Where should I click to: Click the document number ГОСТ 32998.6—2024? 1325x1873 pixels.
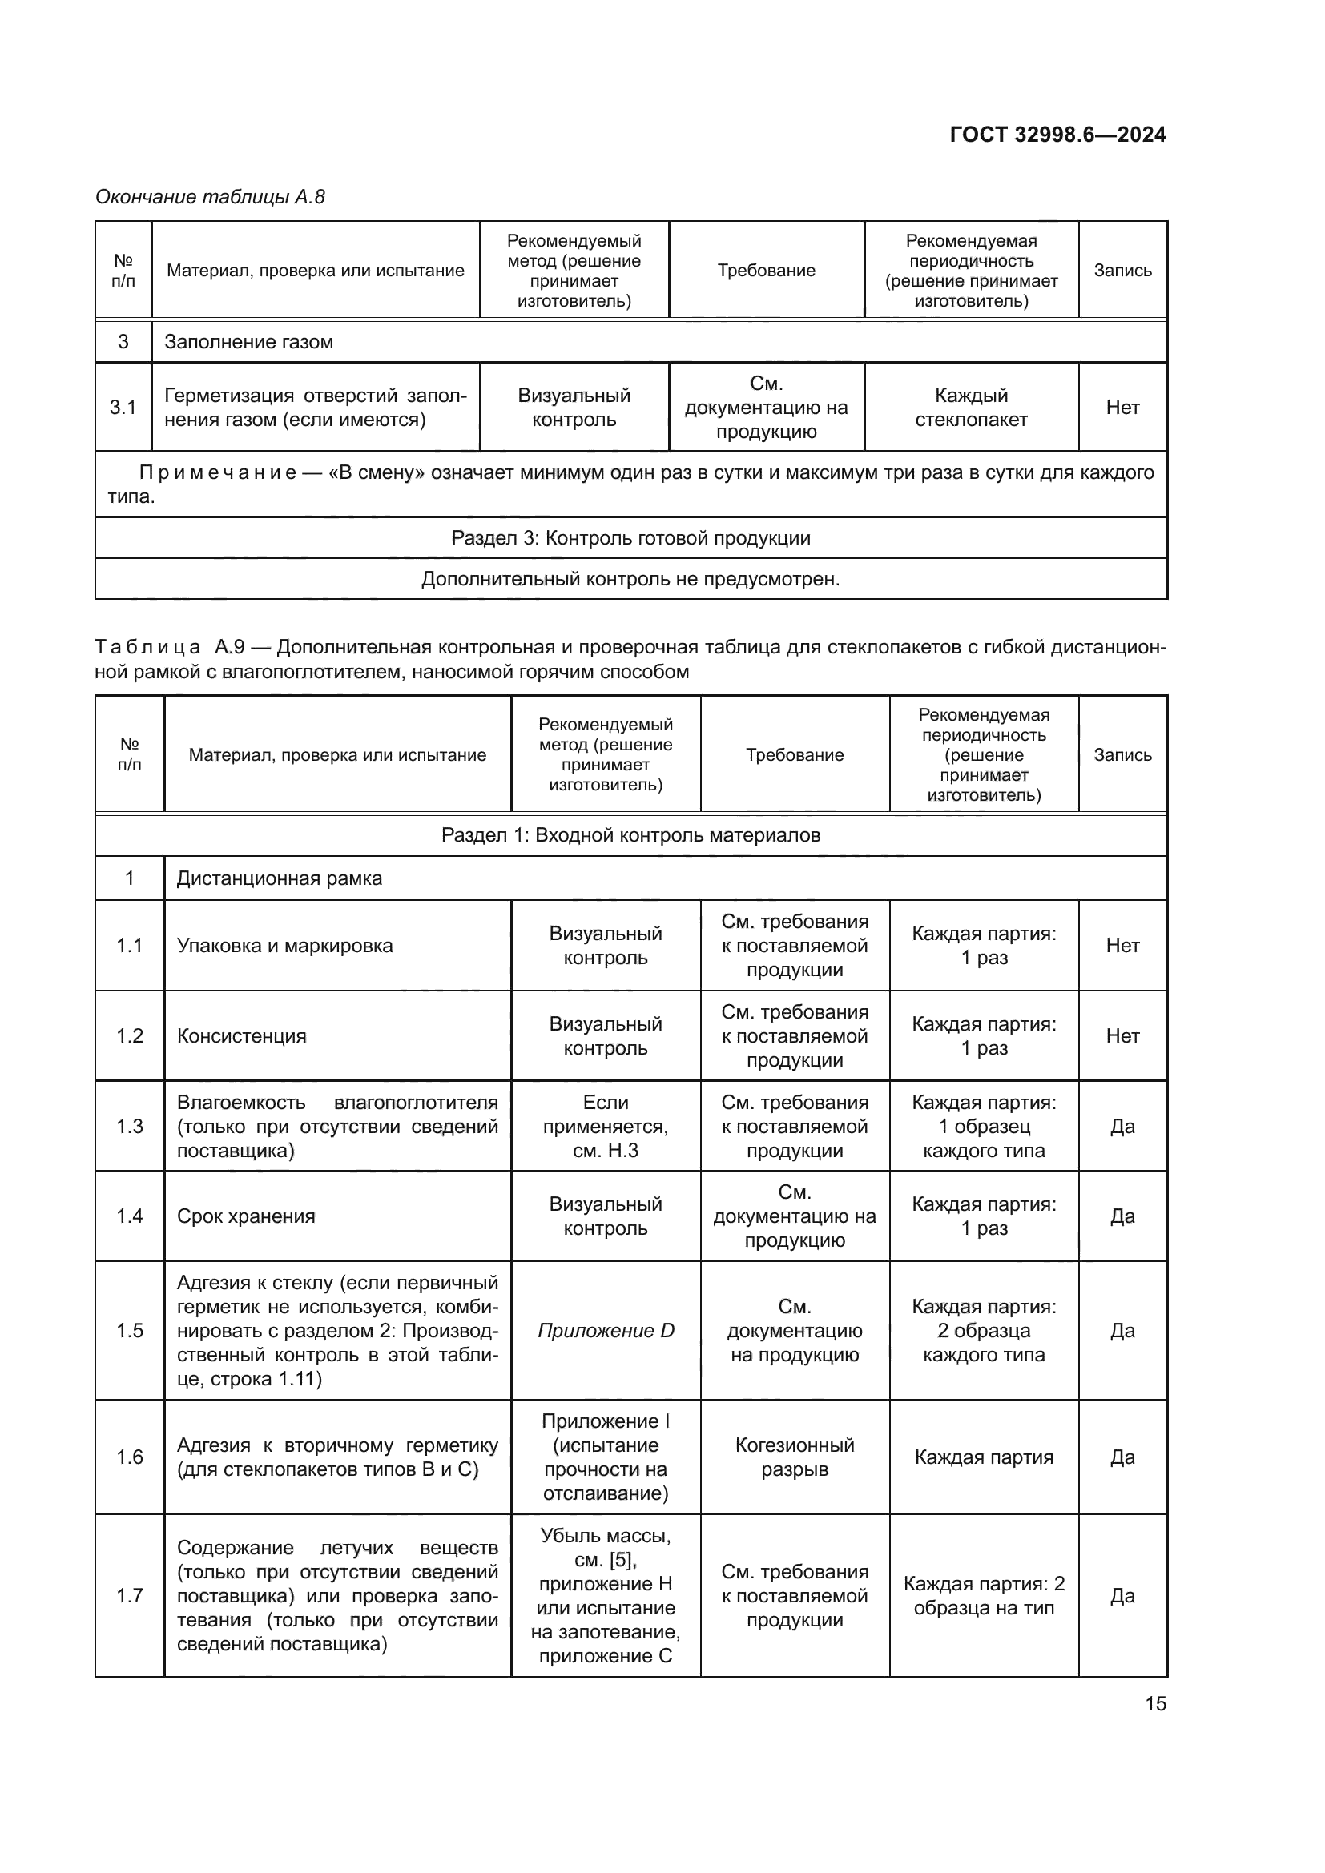point(1057,135)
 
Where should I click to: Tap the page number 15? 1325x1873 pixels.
point(1155,1703)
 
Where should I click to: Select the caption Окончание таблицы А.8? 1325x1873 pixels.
point(210,197)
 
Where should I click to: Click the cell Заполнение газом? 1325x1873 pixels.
point(249,342)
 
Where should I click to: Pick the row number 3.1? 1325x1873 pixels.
point(123,407)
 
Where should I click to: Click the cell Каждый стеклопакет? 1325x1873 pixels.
point(971,407)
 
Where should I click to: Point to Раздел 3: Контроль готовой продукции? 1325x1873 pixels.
point(630,537)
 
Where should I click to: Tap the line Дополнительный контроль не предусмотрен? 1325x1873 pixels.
point(630,579)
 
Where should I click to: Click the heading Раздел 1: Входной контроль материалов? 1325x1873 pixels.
point(630,835)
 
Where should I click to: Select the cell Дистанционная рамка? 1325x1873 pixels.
point(279,878)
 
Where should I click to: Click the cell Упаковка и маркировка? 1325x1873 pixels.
point(284,946)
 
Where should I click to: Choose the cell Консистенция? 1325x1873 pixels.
point(241,1036)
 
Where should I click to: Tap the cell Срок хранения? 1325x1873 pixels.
point(246,1216)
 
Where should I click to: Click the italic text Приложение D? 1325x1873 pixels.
point(606,1331)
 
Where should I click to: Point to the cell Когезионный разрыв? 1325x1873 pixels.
point(794,1457)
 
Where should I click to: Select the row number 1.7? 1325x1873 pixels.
point(129,1596)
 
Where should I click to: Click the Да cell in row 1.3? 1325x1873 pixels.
point(1122,1127)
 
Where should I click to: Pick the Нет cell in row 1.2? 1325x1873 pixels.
point(1122,1036)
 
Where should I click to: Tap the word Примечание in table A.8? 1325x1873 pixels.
point(217,473)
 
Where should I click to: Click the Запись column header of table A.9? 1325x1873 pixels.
point(1122,754)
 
